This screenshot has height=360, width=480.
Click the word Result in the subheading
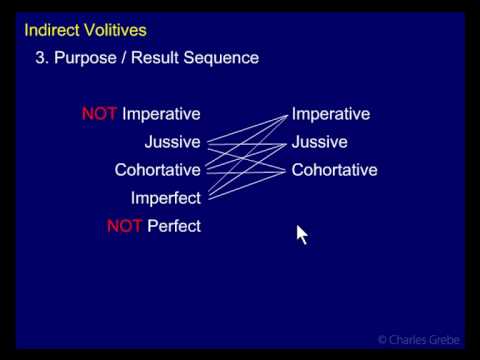click(162, 58)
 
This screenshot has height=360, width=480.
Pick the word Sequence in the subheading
click(224, 58)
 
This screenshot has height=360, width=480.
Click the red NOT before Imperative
click(100, 114)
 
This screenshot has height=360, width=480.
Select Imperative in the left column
click(162, 114)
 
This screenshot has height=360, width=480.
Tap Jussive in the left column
click(172, 142)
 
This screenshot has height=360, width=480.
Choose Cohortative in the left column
click(157, 170)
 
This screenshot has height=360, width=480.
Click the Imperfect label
click(165, 198)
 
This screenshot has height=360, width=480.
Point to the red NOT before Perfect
click(124, 226)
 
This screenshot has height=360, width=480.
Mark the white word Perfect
click(174, 226)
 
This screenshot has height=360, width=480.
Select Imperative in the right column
click(331, 114)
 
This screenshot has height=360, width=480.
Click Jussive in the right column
click(320, 142)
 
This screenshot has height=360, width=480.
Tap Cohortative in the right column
click(334, 170)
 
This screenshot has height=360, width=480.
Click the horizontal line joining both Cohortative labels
click(246, 170)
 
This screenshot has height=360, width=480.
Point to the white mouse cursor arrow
click(301, 234)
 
